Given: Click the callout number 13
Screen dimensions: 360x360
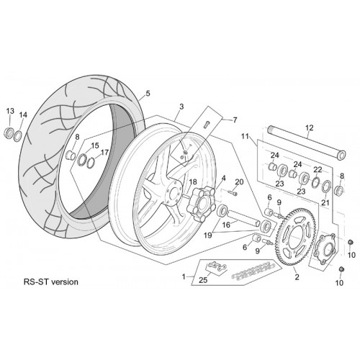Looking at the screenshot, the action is (10, 111).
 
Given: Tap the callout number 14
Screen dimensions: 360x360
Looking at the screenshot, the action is (23, 115).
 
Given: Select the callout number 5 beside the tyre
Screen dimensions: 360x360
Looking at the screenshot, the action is (148, 94).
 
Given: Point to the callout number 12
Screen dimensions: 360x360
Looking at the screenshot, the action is (310, 127).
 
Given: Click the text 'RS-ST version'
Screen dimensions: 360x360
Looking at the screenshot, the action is (51, 282).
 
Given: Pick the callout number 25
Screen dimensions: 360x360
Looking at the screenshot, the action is (203, 280).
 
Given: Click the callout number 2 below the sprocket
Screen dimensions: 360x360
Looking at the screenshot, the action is (297, 277).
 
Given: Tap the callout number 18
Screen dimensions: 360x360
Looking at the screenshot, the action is (193, 182).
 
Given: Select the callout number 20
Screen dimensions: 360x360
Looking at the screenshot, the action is (239, 182).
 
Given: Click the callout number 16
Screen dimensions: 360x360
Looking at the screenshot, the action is (226, 225).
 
